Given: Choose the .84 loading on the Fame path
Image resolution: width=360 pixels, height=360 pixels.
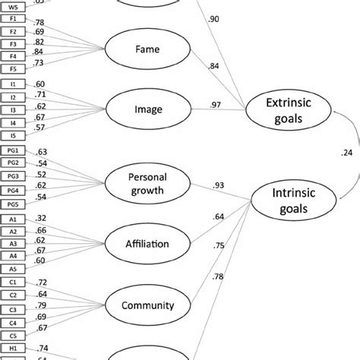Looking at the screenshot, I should tap(216, 66).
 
